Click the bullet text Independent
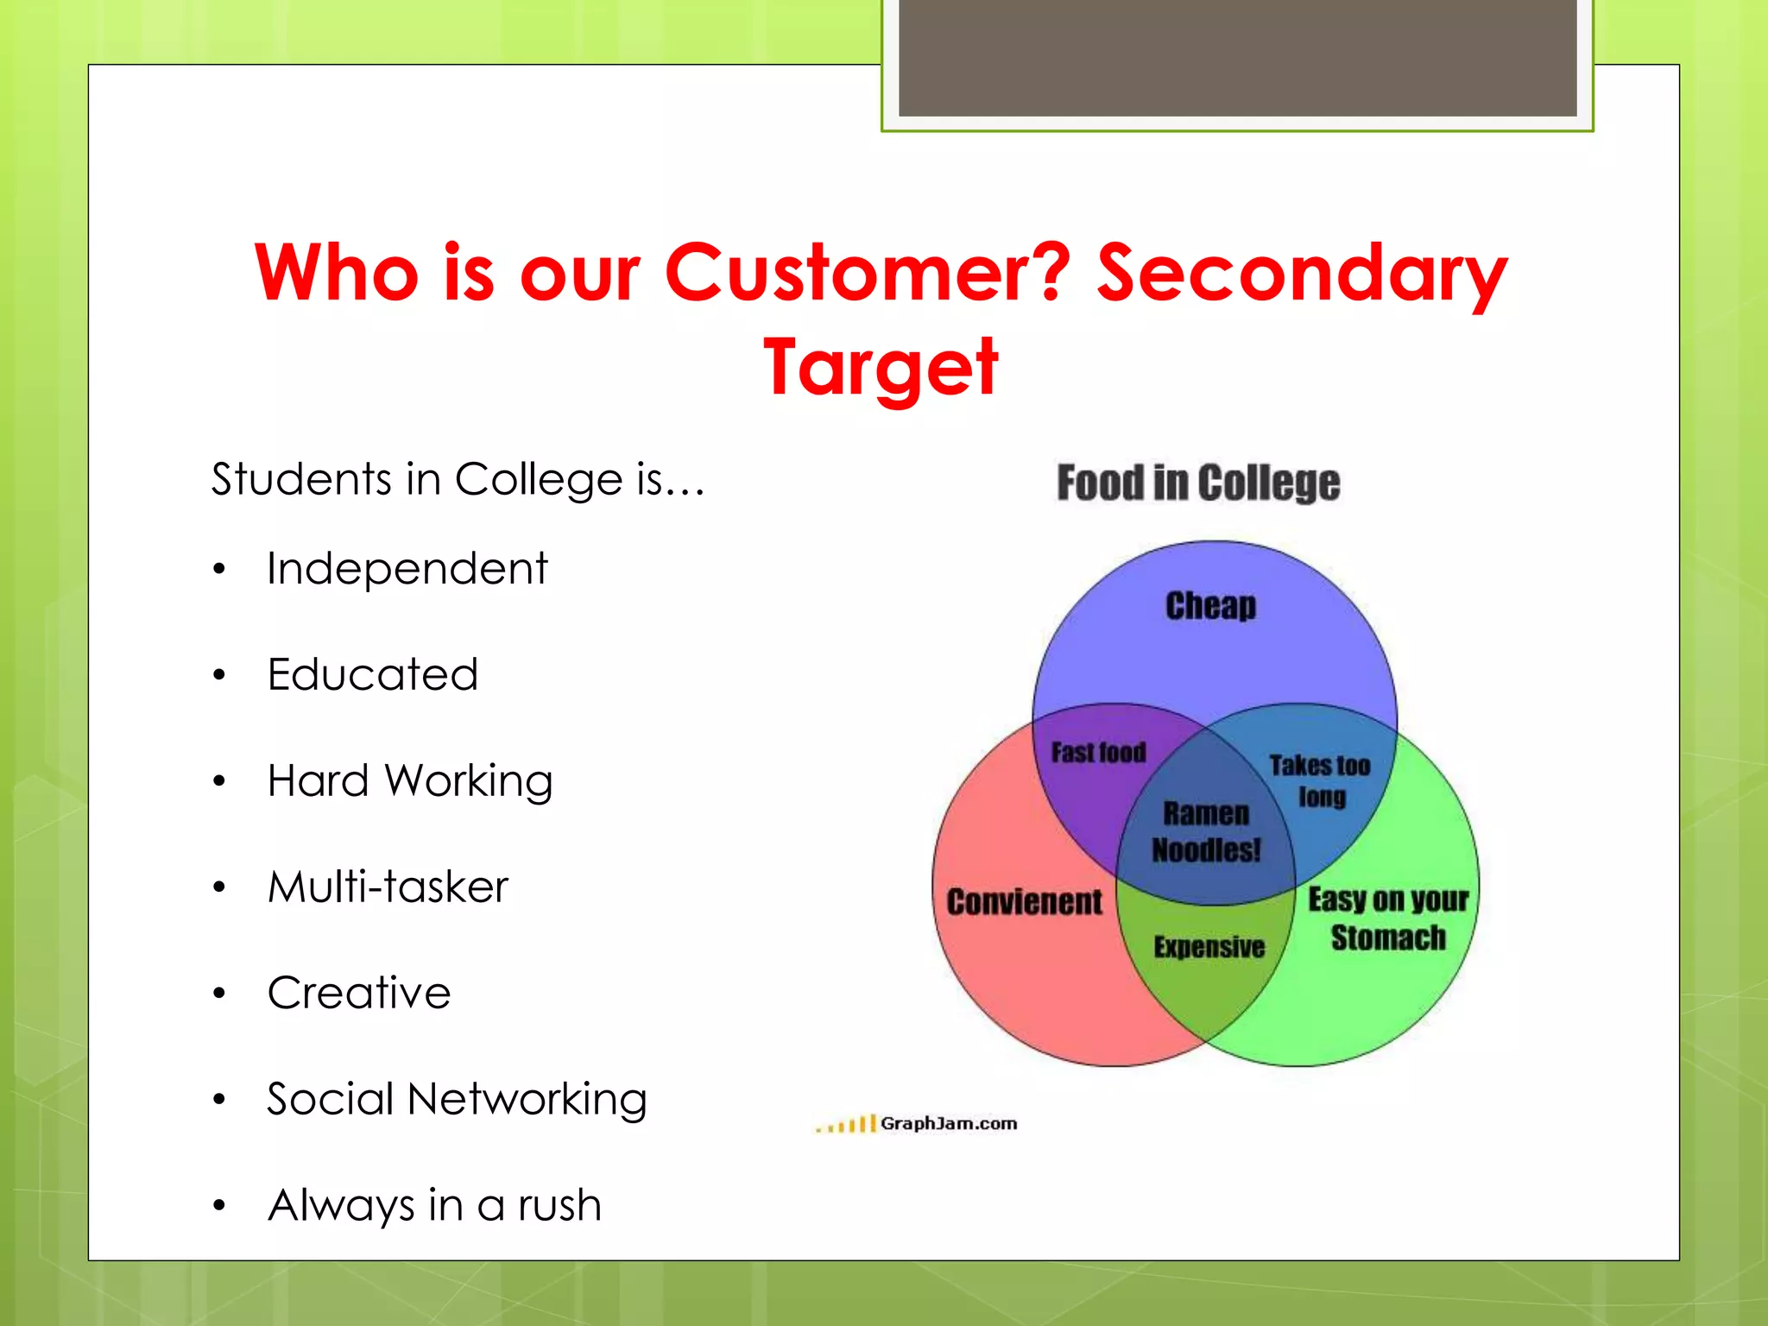(407, 569)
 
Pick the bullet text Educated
(372, 675)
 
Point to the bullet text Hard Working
(409, 781)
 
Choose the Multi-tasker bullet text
(388, 887)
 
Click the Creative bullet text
(359, 993)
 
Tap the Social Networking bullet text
(457, 1100)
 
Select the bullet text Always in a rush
(434, 1205)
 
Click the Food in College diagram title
(1198, 483)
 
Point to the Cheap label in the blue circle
(1210, 606)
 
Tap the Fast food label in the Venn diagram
(1098, 753)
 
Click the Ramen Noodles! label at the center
(1206, 832)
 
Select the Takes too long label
(1320, 780)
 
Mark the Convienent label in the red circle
(1025, 902)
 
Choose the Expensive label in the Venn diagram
(1209, 947)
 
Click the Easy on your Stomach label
(1388, 919)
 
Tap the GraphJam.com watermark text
(948, 1124)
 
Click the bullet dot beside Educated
(219, 675)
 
